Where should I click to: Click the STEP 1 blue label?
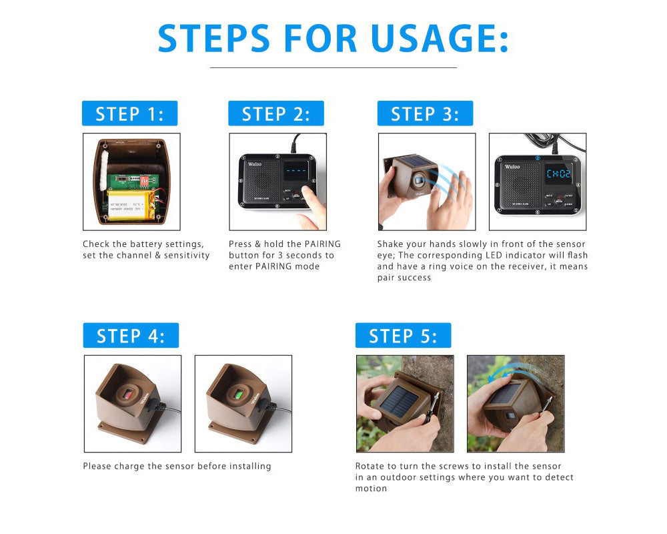pos(129,113)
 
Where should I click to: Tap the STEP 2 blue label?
pos(275,113)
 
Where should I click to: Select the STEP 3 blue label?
pos(425,113)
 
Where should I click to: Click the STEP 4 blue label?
pos(131,335)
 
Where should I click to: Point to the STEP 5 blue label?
pos(403,335)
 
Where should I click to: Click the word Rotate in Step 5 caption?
pos(370,466)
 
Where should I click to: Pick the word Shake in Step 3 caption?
pos(392,244)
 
